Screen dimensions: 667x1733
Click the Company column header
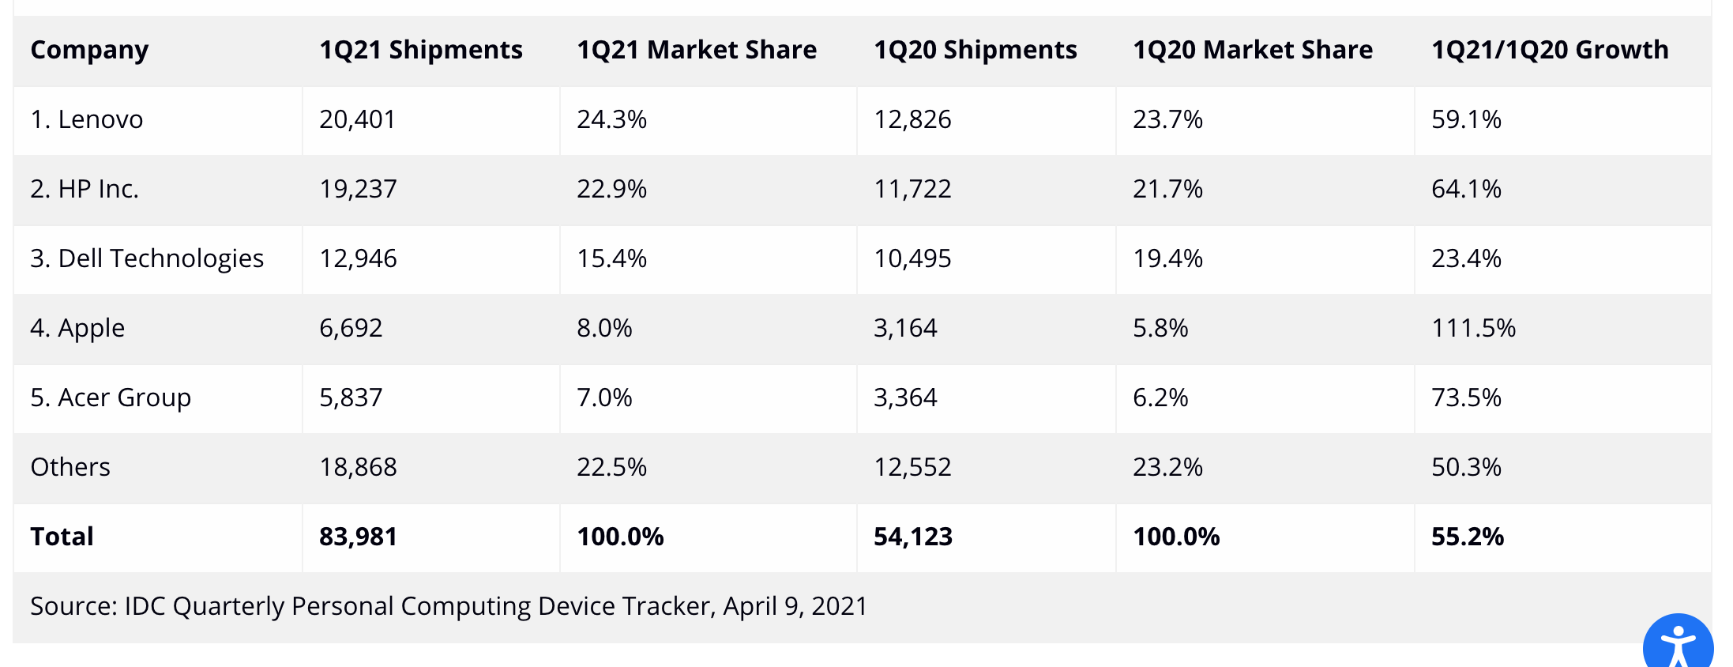pyautogui.click(x=89, y=50)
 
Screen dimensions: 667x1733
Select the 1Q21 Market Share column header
pyautogui.click(x=696, y=50)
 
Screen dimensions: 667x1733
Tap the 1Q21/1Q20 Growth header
pyautogui.click(x=1550, y=50)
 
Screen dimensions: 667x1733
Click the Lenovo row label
pyautogui.click(x=87, y=119)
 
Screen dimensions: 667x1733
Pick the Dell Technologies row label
pyautogui.click(x=147, y=258)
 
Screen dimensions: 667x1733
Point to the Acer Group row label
pyautogui.click(x=111, y=398)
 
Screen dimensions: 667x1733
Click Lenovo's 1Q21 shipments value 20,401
pyautogui.click(x=357, y=119)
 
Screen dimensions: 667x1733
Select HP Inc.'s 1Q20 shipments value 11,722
pyautogui.click(x=912, y=189)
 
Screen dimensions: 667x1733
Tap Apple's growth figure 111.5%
pyautogui.click(x=1473, y=328)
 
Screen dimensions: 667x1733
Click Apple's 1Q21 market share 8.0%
pyautogui.click(x=604, y=328)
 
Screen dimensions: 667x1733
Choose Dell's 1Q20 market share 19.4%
pyautogui.click(x=1167, y=258)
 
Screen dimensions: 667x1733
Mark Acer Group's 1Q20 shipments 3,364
pyautogui.click(x=905, y=398)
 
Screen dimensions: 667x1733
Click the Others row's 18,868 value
pyautogui.click(x=358, y=467)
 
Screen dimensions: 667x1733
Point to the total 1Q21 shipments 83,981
pyautogui.click(x=358, y=537)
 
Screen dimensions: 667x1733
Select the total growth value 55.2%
pyautogui.click(x=1467, y=537)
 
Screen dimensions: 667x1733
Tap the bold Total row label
pyautogui.click(x=62, y=537)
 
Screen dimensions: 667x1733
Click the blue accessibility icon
pyautogui.click(x=1678, y=644)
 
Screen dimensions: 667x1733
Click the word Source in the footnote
pyautogui.click(x=73, y=606)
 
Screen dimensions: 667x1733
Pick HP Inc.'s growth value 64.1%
pyautogui.click(x=1466, y=189)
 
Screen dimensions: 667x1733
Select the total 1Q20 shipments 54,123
pyautogui.click(x=912, y=537)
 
